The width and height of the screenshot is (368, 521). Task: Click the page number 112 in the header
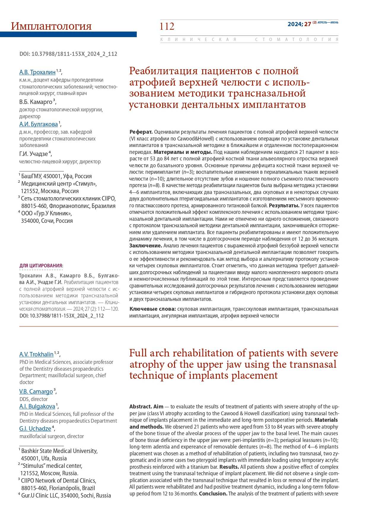pyautogui.click(x=167, y=26)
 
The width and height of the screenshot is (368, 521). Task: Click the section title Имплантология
pyautogui.click(x=51, y=26)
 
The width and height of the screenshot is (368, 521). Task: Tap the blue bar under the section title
pyautogui.click(x=68, y=35)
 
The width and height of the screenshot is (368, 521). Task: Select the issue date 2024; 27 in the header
pyautogui.click(x=299, y=24)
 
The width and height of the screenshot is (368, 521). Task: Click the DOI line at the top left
pyautogui.click(x=68, y=54)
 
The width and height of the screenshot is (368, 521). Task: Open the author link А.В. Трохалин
pyautogui.click(x=37, y=72)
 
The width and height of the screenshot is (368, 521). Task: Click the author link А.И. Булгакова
pyautogui.click(x=39, y=124)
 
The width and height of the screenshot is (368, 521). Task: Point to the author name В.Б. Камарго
pyautogui.click(x=36, y=102)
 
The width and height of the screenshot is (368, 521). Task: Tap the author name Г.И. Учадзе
pyautogui.click(x=34, y=154)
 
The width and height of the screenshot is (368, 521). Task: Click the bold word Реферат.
pyautogui.click(x=141, y=132)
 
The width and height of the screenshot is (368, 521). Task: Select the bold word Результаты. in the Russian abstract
pyautogui.click(x=284, y=206)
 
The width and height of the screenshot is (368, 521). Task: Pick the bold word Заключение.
pyautogui.click(x=146, y=246)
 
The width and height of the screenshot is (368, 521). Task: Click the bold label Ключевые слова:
pyautogui.click(x=153, y=309)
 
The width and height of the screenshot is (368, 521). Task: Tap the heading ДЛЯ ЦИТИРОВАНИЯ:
pyautogui.click(x=41, y=266)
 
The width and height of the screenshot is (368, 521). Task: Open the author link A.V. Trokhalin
pyautogui.click(x=36, y=354)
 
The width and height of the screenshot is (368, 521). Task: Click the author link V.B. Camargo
pyautogui.click(x=36, y=391)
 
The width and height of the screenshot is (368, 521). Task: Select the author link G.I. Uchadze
pyautogui.click(x=35, y=429)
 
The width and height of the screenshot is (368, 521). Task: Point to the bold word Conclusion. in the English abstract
pyautogui.click(x=213, y=493)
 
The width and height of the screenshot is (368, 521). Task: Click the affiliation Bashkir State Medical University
pyautogui.click(x=59, y=451)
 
